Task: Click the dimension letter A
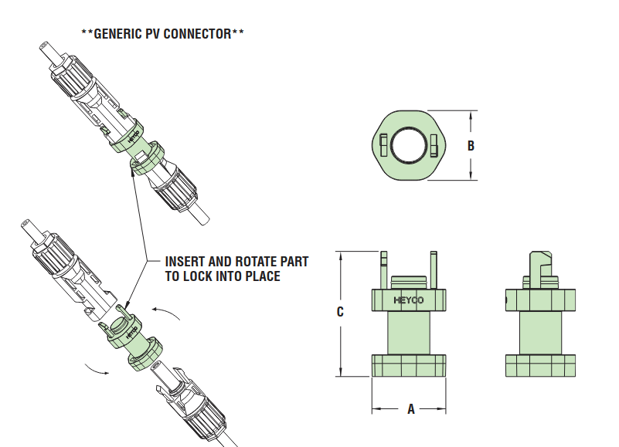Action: pyautogui.click(x=410, y=409)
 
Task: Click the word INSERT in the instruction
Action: pyautogui.click(x=186, y=262)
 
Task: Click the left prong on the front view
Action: pyautogui.click(x=383, y=269)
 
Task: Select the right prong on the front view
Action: pyautogui.click(x=434, y=269)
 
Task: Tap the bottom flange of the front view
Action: pyautogui.click(x=410, y=366)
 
